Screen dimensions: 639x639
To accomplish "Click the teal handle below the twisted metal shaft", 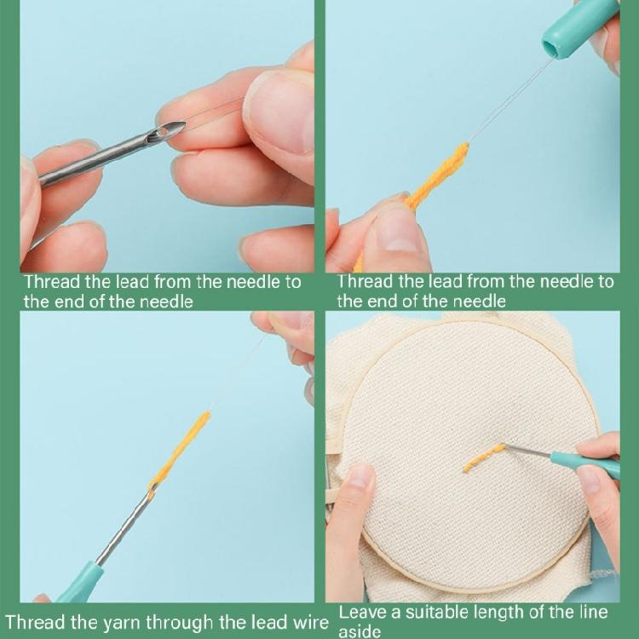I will [81, 584].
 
